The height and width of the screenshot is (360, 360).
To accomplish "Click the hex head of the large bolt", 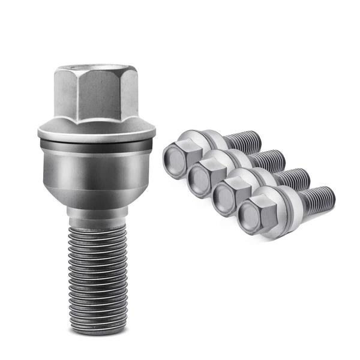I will [96, 93].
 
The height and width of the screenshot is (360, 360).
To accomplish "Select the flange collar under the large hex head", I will [96, 131].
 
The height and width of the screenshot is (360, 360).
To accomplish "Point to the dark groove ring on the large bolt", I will [96, 146].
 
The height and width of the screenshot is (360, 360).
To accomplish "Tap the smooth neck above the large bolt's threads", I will [96, 211].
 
